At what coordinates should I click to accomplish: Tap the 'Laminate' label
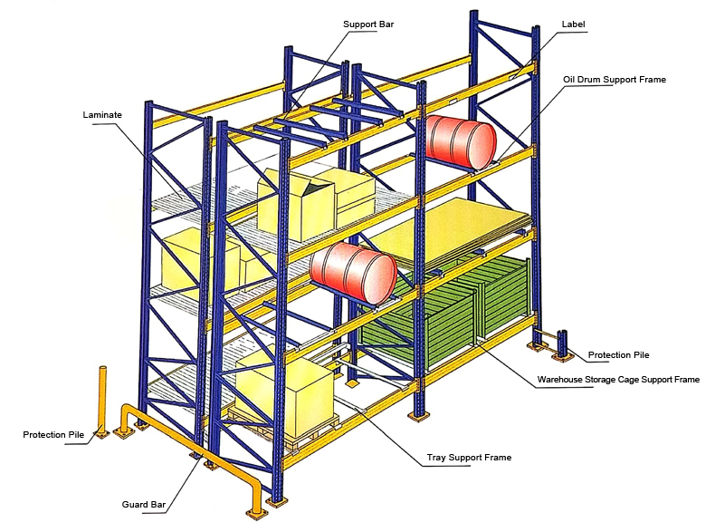[x=102, y=115]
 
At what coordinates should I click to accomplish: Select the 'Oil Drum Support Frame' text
[x=614, y=80]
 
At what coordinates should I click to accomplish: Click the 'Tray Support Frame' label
[x=469, y=458]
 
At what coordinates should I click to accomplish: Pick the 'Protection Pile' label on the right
[x=618, y=354]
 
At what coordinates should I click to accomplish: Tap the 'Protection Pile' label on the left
[x=53, y=435]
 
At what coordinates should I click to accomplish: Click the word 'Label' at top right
[x=575, y=24]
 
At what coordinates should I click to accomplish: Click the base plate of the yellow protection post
[x=100, y=434]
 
